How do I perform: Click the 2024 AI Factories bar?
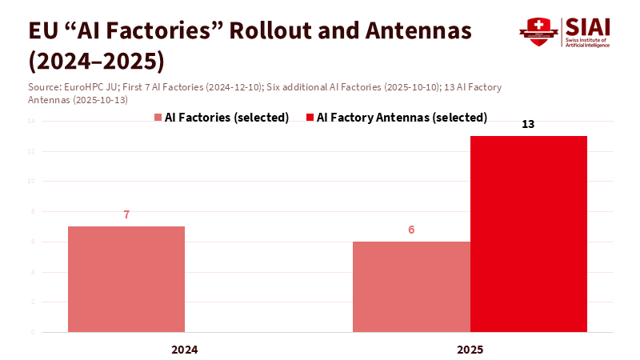126,278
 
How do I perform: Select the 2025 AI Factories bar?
411,286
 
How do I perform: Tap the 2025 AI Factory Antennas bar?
529,234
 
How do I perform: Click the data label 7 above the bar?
126,214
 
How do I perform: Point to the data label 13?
528,125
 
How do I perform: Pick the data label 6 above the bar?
411,230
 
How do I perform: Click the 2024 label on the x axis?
185,350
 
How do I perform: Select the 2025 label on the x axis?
470,350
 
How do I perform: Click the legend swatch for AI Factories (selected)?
158,118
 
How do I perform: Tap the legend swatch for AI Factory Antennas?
310,118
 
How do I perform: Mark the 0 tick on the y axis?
33,331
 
